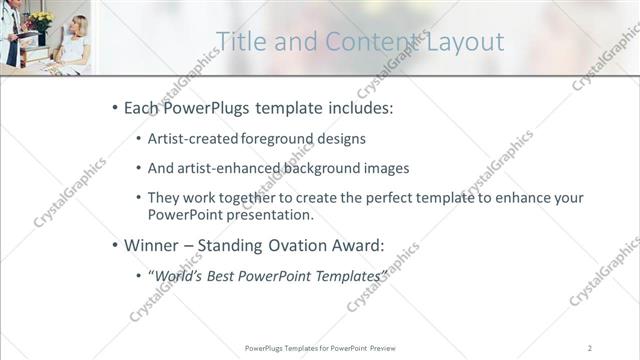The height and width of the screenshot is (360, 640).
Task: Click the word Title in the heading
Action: click(x=240, y=41)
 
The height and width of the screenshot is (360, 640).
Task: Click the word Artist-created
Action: click(x=191, y=139)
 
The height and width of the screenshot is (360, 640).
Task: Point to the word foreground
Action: click(x=283, y=139)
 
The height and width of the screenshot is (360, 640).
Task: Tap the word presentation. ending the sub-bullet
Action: click(x=271, y=214)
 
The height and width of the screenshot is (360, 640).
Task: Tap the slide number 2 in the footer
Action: click(x=589, y=347)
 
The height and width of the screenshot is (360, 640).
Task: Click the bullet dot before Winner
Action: click(x=115, y=244)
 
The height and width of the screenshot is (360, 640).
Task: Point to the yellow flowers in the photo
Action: click(x=41, y=19)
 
